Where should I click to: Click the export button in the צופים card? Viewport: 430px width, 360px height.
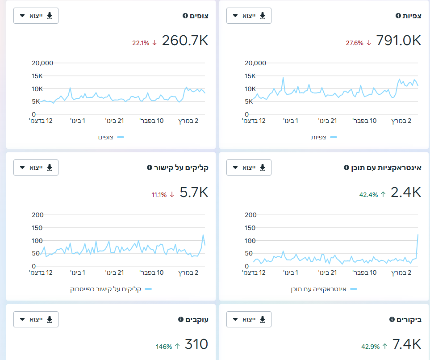point(36,16)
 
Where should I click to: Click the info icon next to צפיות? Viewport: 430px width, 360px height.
point(398,16)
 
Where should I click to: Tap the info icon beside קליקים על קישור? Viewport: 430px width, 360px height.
point(150,167)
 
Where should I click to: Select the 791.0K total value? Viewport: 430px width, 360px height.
point(398,40)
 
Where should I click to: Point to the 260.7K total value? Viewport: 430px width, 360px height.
point(185,40)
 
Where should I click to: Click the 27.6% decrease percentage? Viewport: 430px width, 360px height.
point(354,43)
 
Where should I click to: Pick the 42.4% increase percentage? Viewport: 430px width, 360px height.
point(368,195)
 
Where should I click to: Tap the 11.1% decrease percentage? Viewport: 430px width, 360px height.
point(159,195)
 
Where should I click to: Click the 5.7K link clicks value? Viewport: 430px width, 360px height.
point(194,192)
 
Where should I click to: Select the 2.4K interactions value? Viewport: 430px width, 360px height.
point(406,192)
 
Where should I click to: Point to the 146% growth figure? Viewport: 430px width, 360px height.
point(164,347)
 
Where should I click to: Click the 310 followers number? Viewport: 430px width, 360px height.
point(196,344)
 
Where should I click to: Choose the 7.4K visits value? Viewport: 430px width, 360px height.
point(407,344)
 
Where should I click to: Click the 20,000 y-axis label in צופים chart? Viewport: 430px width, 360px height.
point(42,63)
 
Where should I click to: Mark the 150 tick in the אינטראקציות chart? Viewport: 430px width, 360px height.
point(250,228)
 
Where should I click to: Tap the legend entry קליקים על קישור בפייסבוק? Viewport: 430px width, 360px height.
point(105,289)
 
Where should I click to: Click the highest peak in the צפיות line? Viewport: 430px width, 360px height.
point(283,78)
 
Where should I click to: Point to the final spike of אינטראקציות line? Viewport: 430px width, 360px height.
point(417,234)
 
